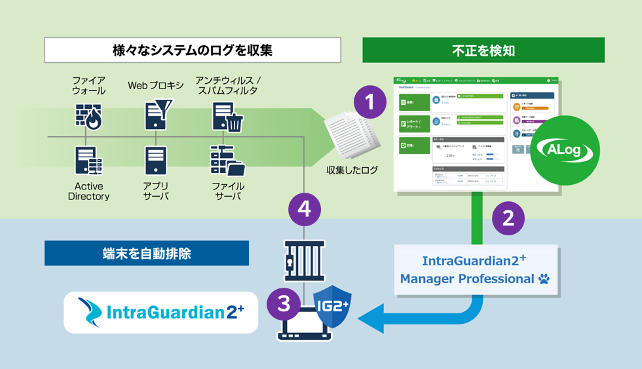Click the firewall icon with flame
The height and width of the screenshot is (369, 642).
[88, 116]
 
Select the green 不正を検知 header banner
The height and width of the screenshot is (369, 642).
[483, 50]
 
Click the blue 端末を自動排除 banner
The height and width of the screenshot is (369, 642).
[147, 253]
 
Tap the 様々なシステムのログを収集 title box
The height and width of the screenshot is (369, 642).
[193, 50]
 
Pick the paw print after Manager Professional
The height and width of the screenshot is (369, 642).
[544, 279]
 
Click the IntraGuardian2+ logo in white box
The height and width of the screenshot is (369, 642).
[160, 313]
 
